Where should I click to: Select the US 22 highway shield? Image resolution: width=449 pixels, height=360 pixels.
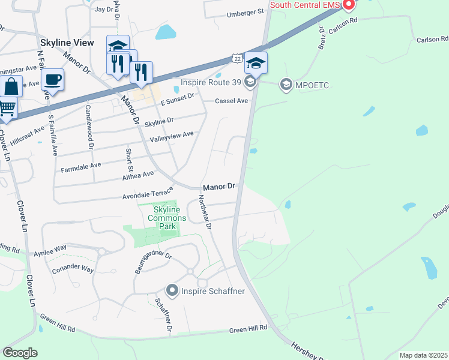pyautogui.click(x=237, y=58)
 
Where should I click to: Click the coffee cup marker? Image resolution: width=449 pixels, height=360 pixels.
pyautogui.click(x=53, y=80)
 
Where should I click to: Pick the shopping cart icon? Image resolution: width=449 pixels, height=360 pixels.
pyautogui.click(x=6, y=109)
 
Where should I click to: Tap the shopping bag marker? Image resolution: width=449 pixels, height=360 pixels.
pyautogui.click(x=11, y=86)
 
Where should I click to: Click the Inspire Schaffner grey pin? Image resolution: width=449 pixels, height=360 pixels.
pyautogui.click(x=172, y=291)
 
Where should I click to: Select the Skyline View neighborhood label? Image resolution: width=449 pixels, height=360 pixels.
pyautogui.click(x=67, y=43)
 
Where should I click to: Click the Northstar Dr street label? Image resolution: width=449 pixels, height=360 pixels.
pyautogui.click(x=205, y=212)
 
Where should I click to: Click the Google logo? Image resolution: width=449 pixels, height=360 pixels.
pyautogui.click(x=20, y=352)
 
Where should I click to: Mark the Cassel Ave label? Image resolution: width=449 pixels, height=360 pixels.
pyautogui.click(x=232, y=101)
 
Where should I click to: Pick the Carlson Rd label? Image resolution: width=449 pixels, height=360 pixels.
pyautogui.click(x=432, y=40)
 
